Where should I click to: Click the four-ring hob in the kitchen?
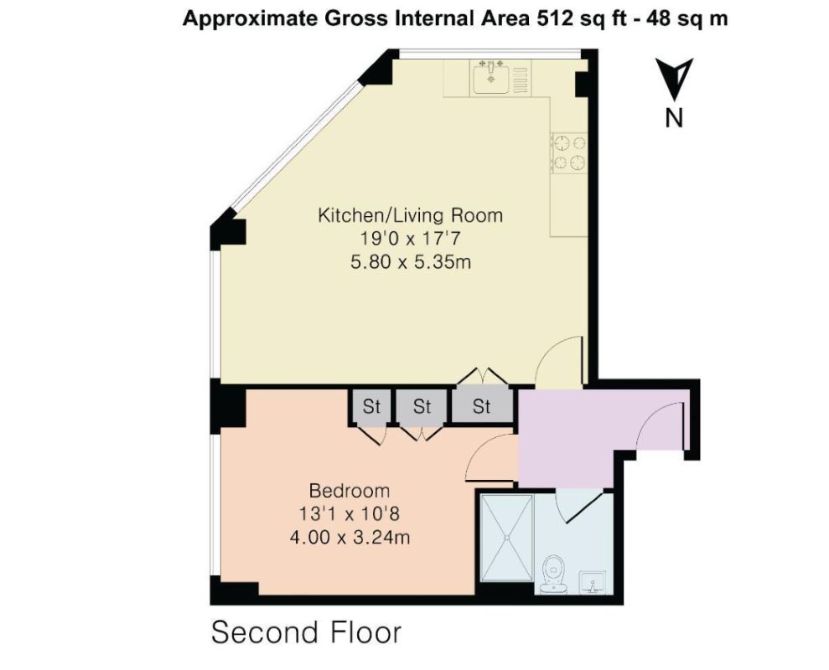tap(568, 152)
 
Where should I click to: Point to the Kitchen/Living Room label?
tap(410, 215)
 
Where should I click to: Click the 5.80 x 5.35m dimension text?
tap(410, 262)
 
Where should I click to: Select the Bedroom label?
tap(350, 490)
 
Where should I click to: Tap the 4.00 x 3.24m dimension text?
tap(350, 537)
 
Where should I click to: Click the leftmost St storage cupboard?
tap(371, 407)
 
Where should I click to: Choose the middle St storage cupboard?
tap(422, 407)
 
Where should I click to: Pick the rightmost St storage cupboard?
tap(481, 407)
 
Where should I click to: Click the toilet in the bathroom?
tap(553, 572)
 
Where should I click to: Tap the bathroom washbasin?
tap(595, 580)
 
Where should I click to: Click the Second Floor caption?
tap(306, 632)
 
